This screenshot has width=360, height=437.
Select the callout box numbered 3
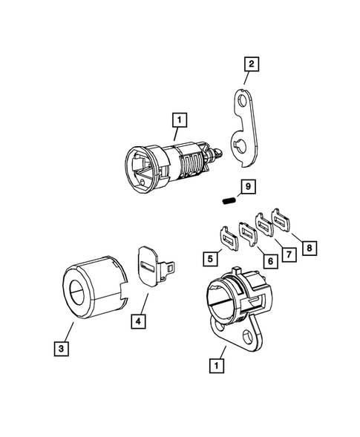[x=58, y=346]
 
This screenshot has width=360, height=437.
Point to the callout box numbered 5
[x=212, y=258]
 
